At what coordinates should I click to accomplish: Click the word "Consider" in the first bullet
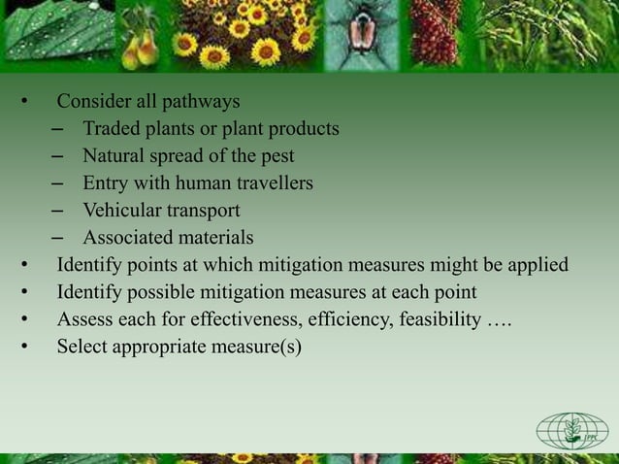click(90, 101)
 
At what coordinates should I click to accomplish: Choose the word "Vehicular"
click(121, 210)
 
